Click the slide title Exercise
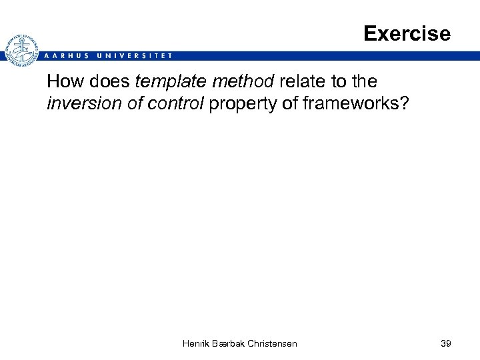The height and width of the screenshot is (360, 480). (x=407, y=33)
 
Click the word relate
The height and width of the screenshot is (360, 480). (x=301, y=82)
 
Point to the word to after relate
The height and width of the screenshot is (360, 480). (x=337, y=82)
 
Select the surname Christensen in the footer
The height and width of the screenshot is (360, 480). (x=273, y=343)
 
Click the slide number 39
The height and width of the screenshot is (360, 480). (x=446, y=343)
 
